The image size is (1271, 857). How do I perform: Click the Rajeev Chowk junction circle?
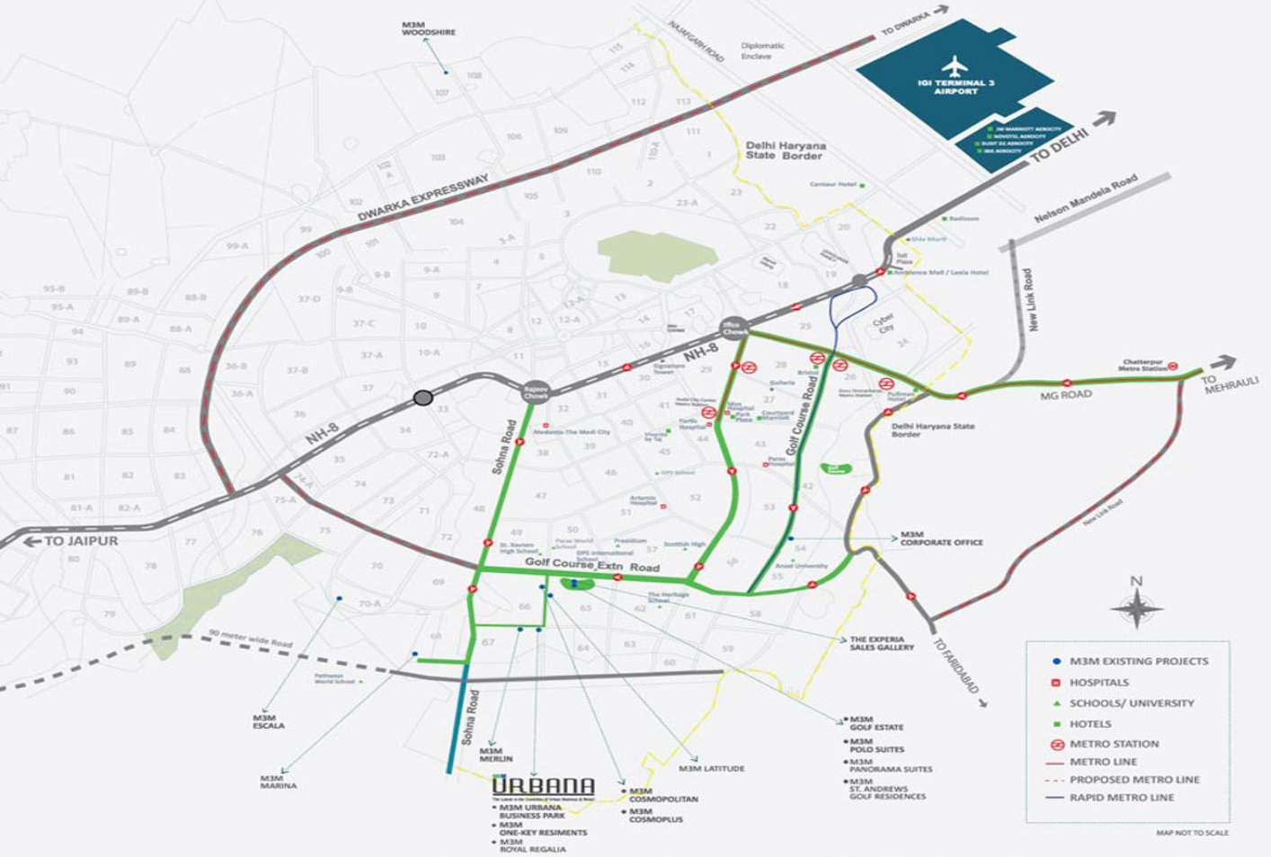pyautogui.click(x=536, y=393)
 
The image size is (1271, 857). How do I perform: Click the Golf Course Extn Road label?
pyautogui.click(x=592, y=565)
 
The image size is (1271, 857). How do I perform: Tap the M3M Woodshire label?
pyautogui.click(x=429, y=28)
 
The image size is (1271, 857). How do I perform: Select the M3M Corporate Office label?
pyautogui.click(x=941, y=539)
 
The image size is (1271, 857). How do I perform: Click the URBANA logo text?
pyautogui.click(x=543, y=786)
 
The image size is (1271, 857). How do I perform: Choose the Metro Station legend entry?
pyautogui.click(x=1114, y=744)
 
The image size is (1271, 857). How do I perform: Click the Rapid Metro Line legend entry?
pyautogui.click(x=1121, y=798)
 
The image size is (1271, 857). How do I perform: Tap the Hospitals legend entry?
pyautogui.click(x=1098, y=683)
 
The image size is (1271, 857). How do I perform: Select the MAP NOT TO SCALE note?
pyautogui.click(x=1192, y=833)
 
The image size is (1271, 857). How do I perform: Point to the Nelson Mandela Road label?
pyautogui.click(x=1085, y=199)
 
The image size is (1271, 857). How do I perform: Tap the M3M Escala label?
pyautogui.click(x=269, y=721)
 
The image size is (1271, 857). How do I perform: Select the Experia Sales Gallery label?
pyautogui.click(x=882, y=643)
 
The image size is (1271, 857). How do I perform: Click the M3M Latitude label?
pyautogui.click(x=711, y=769)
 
